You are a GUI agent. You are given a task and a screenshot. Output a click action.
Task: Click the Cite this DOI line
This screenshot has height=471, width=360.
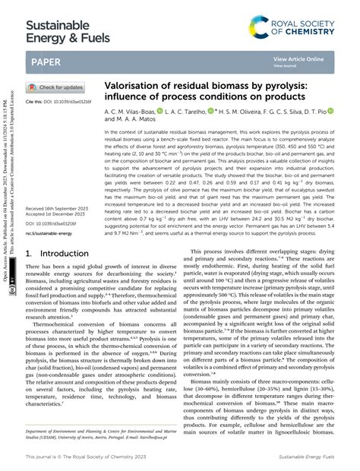coord(53,102)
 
